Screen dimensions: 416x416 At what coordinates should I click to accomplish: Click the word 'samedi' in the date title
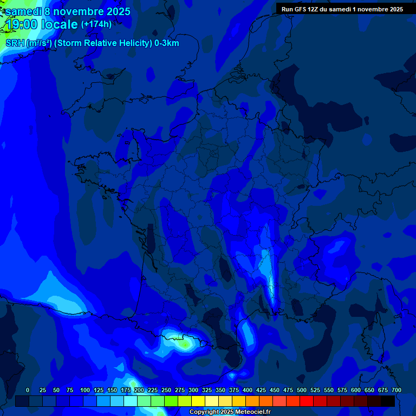click(23, 11)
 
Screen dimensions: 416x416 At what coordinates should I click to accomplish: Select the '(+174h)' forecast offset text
click(96, 24)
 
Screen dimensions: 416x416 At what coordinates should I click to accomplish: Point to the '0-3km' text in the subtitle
click(167, 43)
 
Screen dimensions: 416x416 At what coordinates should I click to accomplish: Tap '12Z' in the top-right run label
click(313, 9)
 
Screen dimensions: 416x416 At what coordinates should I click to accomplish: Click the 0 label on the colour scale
click(28, 391)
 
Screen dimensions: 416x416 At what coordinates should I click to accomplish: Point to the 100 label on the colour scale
click(84, 391)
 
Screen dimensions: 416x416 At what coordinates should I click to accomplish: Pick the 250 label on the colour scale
click(166, 391)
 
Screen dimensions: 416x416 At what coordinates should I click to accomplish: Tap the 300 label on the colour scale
click(193, 391)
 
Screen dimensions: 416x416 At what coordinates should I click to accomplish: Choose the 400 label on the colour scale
click(247, 391)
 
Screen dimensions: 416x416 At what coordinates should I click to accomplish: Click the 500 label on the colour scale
click(301, 391)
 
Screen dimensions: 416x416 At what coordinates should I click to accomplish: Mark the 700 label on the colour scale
click(396, 391)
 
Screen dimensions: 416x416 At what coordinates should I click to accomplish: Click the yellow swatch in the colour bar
click(198, 401)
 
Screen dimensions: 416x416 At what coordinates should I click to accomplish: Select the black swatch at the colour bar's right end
click(388, 401)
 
